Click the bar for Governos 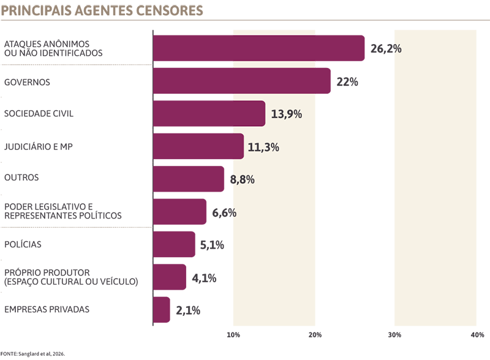[242, 81]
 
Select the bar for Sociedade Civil [209, 113]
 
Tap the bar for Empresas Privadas [162, 310]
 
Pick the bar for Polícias [174, 244]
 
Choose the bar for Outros [189, 179]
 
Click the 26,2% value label [386, 49]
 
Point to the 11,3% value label [263, 147]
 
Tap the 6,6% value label [224, 213]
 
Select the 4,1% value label [204, 278]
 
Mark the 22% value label [347, 82]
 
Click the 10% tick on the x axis [233, 335]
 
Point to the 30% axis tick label [394, 335]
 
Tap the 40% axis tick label [477, 335]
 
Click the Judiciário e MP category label [38, 146]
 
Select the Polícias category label [23, 244]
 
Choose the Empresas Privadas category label [47, 309]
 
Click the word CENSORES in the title [170, 10]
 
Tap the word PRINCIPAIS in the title [36, 10]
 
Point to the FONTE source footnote [32, 354]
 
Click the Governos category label [27, 82]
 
